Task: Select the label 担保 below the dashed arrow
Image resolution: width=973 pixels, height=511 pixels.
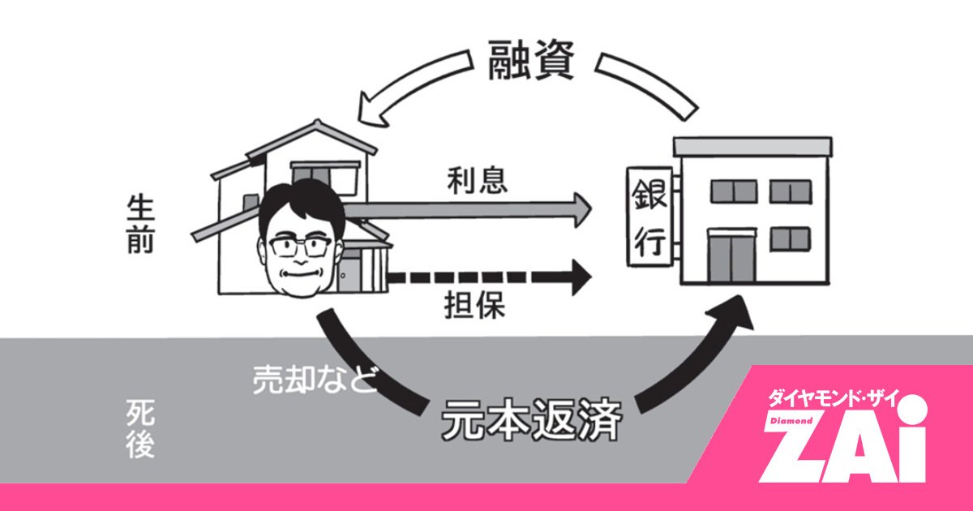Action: click(x=476, y=306)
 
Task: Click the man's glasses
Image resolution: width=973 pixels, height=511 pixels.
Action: click(x=302, y=247)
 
